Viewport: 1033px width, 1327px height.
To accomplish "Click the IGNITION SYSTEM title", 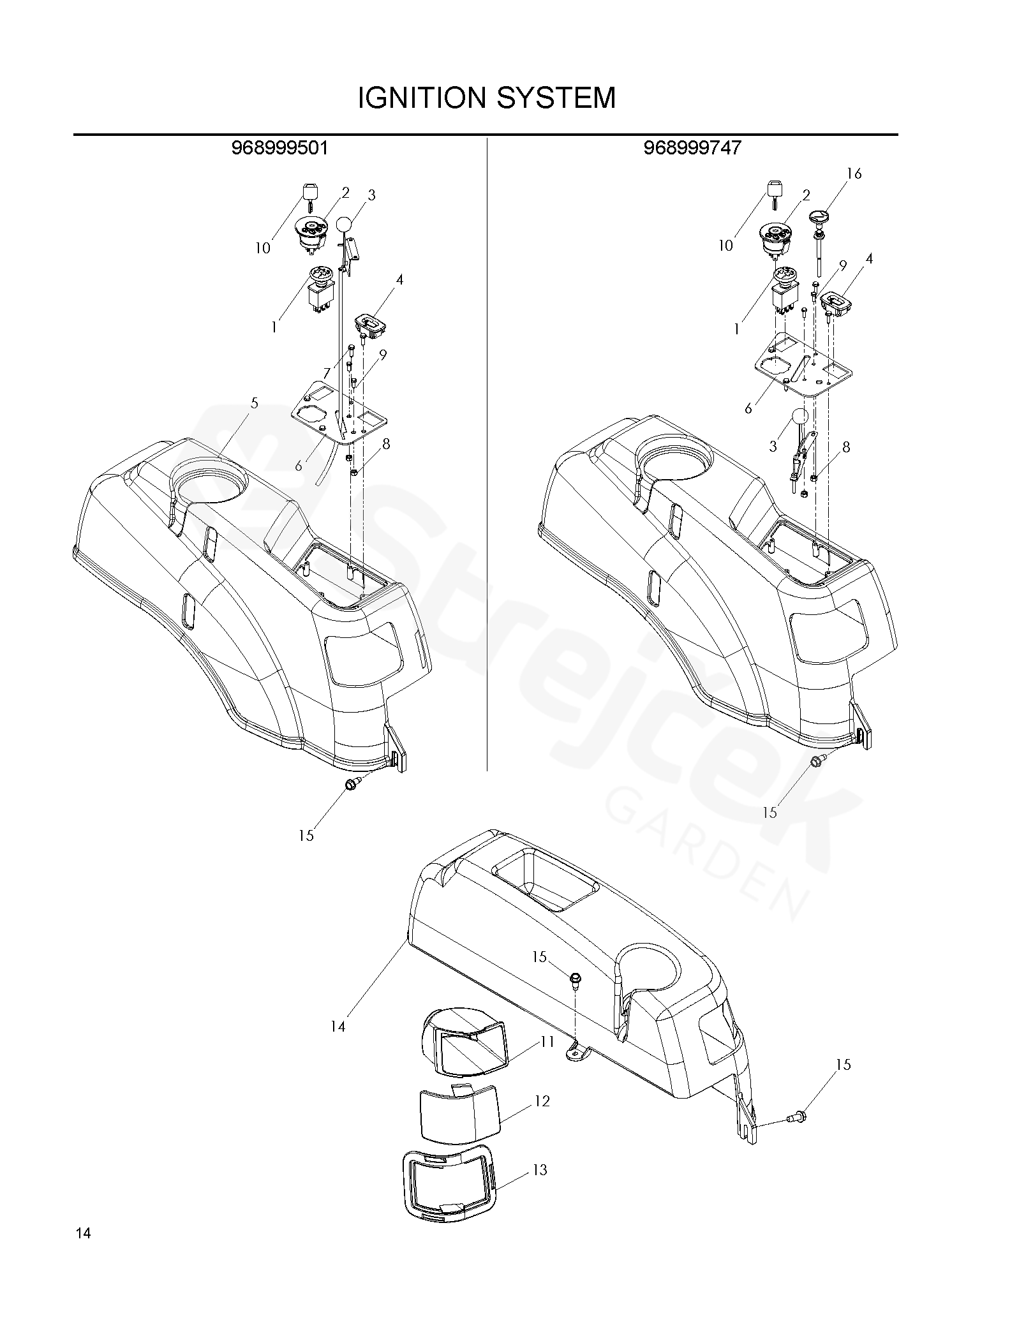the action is (x=487, y=98).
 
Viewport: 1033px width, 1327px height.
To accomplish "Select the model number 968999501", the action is (x=279, y=148).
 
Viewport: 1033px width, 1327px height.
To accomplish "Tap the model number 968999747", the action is (x=692, y=148).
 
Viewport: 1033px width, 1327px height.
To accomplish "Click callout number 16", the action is (x=854, y=174).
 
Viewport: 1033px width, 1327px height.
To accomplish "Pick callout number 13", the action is (x=540, y=1170).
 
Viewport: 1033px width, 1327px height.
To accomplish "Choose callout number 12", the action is (x=542, y=1101).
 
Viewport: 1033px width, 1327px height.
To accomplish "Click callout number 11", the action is (x=547, y=1042).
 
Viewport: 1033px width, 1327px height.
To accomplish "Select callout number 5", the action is (x=255, y=403).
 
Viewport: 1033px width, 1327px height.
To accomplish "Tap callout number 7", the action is (x=327, y=373).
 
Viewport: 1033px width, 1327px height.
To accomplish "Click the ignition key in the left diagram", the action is (x=309, y=198).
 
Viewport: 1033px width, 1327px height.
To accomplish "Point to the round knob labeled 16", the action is (x=818, y=218).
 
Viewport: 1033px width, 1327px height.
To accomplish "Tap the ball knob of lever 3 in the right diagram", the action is (x=799, y=417).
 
